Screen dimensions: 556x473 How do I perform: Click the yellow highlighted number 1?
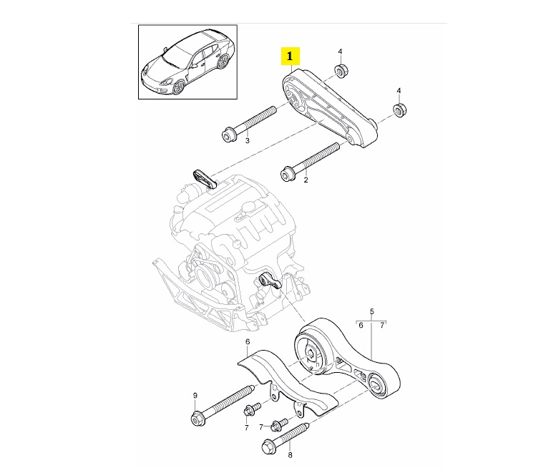tap(290, 56)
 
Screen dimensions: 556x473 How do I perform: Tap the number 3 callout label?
tap(248, 141)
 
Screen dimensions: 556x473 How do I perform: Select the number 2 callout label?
tap(306, 180)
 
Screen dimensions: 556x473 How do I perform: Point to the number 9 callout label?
tap(195, 395)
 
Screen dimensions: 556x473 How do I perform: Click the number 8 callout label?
tap(290, 455)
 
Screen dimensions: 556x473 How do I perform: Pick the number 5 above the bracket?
tap(371, 312)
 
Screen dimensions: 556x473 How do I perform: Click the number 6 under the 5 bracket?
tap(361, 325)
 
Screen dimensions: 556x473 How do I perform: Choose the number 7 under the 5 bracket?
tap(382, 325)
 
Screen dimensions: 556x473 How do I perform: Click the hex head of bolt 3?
tap(228, 135)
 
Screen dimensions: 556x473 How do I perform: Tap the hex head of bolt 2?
tap(286, 175)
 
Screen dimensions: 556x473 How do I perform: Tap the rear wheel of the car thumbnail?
tap(223, 62)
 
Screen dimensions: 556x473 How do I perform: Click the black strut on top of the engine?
tap(205, 180)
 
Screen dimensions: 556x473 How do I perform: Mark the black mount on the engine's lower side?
tap(270, 280)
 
